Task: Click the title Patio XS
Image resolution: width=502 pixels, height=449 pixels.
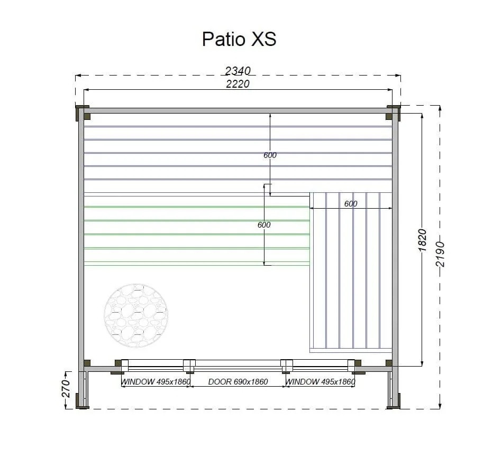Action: (x=239, y=39)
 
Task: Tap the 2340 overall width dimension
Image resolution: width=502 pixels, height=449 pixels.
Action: (x=238, y=71)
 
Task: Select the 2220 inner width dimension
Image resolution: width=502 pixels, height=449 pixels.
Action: (x=238, y=84)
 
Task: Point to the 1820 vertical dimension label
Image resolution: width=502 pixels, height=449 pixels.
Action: (x=423, y=240)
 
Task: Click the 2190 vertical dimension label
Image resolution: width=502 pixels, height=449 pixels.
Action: (x=441, y=254)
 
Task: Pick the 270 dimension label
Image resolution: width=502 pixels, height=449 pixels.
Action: (x=66, y=389)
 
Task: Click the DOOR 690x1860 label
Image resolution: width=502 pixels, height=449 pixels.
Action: (x=238, y=381)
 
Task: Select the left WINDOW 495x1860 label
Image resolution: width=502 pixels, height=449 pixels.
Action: (x=156, y=381)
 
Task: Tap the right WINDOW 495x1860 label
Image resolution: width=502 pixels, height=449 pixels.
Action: (x=320, y=381)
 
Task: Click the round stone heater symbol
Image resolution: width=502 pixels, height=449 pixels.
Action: (x=136, y=316)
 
